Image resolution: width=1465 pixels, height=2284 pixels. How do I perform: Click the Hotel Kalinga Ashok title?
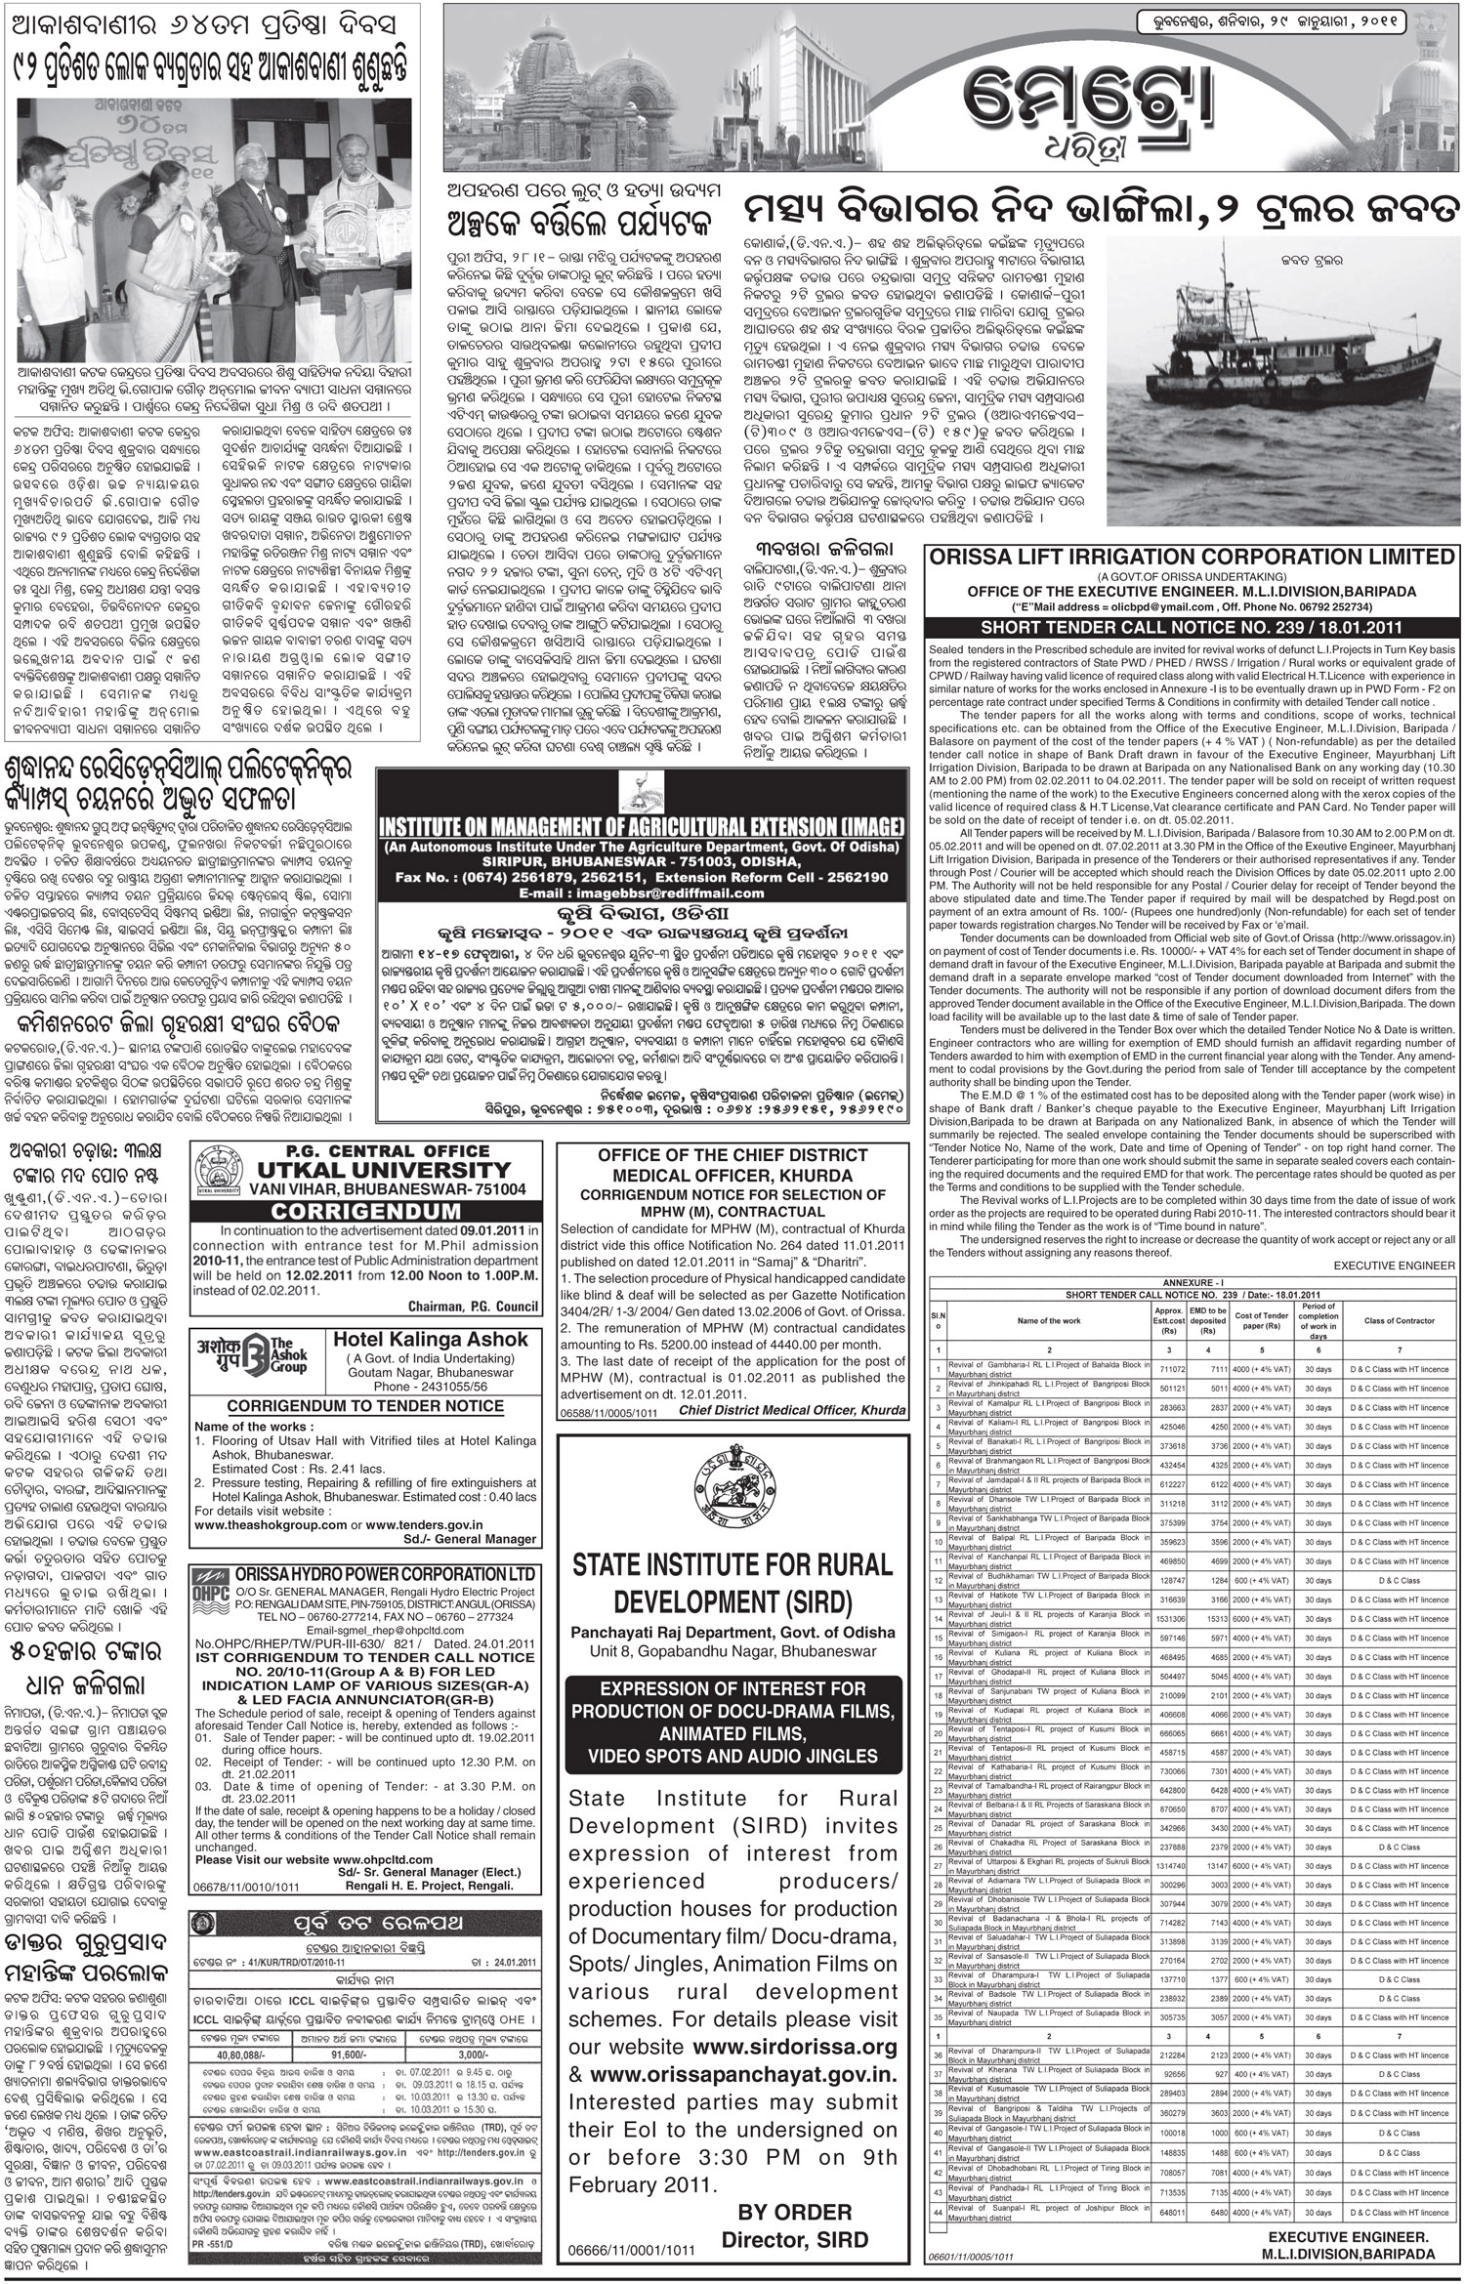[431, 1340]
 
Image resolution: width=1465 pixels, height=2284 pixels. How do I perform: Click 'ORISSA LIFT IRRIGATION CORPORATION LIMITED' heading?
[1193, 557]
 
